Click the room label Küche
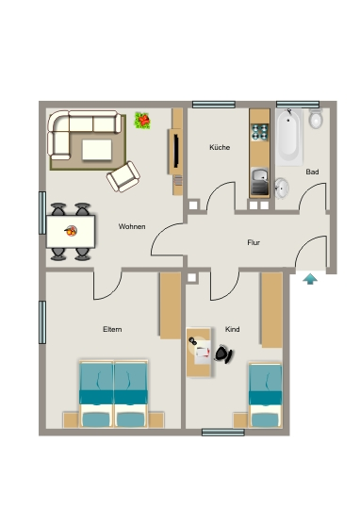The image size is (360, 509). pyautogui.click(x=220, y=147)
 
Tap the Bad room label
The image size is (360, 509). pyautogui.click(x=312, y=172)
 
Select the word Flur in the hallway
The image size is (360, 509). pyautogui.click(x=254, y=242)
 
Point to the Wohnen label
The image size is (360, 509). pyautogui.click(x=132, y=226)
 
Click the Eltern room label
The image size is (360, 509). pyautogui.click(x=112, y=329)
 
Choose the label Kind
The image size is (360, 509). pyautogui.click(x=233, y=329)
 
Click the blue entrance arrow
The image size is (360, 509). pyautogui.click(x=310, y=279)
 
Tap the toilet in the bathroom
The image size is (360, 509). pyautogui.click(x=316, y=119)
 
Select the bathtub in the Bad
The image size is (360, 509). pyautogui.click(x=288, y=137)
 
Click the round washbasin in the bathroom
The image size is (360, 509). pyautogui.click(x=282, y=188)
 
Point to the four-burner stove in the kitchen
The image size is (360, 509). pyautogui.click(x=260, y=132)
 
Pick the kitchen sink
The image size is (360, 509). pyautogui.click(x=260, y=182)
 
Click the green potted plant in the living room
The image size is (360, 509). pyautogui.click(x=142, y=120)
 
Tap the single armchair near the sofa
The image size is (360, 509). pyautogui.click(x=123, y=176)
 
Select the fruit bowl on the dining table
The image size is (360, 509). pyautogui.click(x=71, y=231)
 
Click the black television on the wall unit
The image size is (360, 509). pyautogui.click(x=176, y=151)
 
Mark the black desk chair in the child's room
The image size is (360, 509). pyautogui.click(x=223, y=353)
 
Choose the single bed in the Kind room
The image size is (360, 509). pyautogui.click(x=265, y=395)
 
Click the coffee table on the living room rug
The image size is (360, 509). pyautogui.click(x=97, y=150)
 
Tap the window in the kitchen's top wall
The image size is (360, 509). pyautogui.click(x=214, y=105)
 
